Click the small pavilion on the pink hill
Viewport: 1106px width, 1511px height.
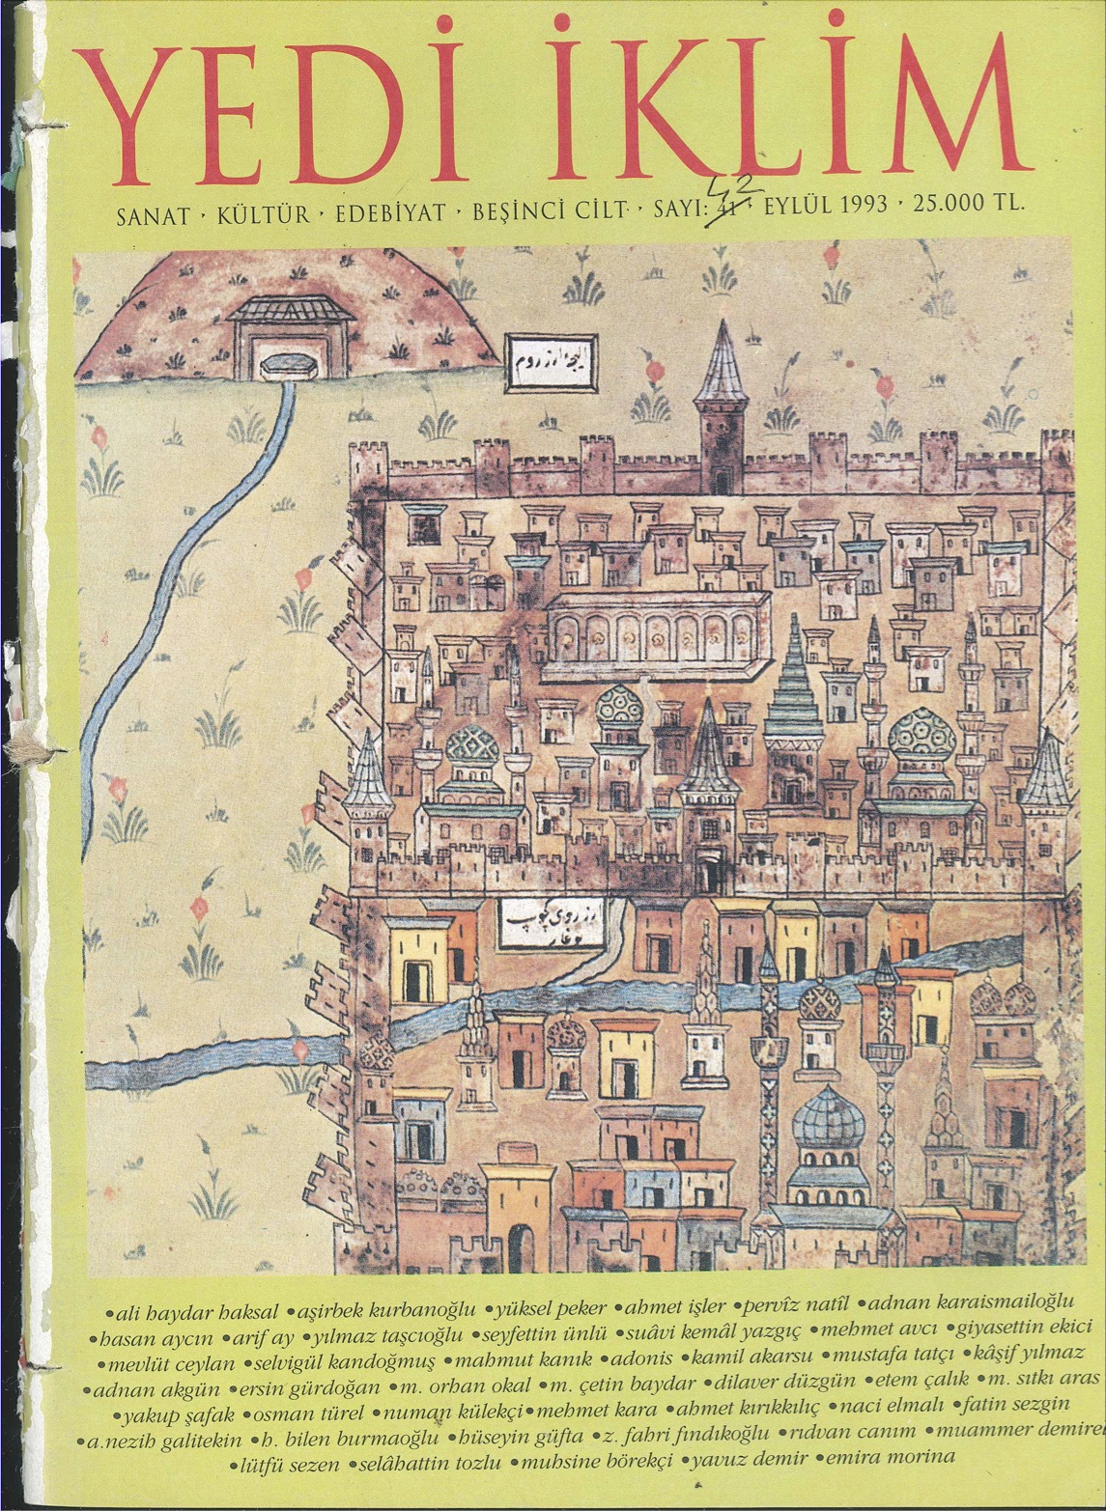click(x=276, y=334)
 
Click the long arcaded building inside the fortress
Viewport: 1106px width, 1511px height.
click(x=657, y=633)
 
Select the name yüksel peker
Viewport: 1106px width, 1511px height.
click(x=552, y=1310)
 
